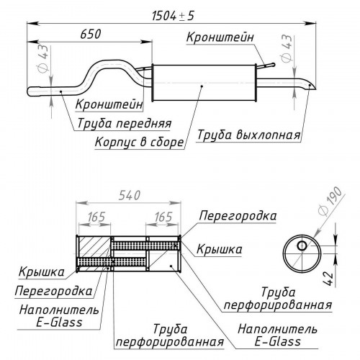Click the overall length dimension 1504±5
(173, 16)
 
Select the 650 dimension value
(91, 34)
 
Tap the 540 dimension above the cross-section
(130, 195)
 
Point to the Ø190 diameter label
(330, 201)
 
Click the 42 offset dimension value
(328, 279)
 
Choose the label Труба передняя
(125, 124)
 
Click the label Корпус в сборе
(139, 142)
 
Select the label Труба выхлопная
(249, 135)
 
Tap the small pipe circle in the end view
(302, 246)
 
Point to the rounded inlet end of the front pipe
(31, 91)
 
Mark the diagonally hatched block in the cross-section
(94, 247)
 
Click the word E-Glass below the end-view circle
(277, 341)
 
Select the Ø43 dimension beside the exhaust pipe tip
(287, 48)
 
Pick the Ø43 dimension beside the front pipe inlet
(43, 58)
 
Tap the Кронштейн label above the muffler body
(220, 37)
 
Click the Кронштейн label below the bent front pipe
(109, 104)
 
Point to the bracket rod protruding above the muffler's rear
(266, 66)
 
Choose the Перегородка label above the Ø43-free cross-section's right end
(238, 215)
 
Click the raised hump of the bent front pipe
(109, 63)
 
